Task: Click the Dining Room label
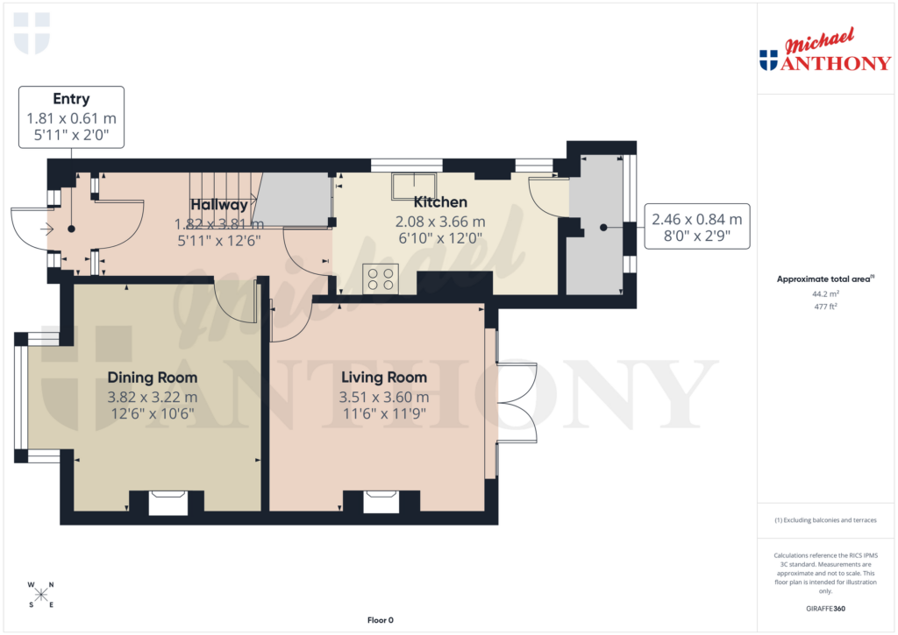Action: [x=152, y=377]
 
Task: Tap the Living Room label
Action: [x=383, y=377]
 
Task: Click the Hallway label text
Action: [x=219, y=204]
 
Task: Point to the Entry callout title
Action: [x=71, y=99]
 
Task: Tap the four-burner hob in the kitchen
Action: [x=379, y=279]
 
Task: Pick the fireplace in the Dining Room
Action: [x=167, y=501]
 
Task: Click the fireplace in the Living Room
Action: [x=381, y=501]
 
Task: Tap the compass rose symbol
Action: [x=40, y=595]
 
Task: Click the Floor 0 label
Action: [x=380, y=620]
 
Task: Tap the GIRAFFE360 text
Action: [x=825, y=609]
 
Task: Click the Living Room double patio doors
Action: [x=517, y=402]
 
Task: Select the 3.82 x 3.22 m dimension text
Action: [x=152, y=397]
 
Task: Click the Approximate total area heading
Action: [x=823, y=279]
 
